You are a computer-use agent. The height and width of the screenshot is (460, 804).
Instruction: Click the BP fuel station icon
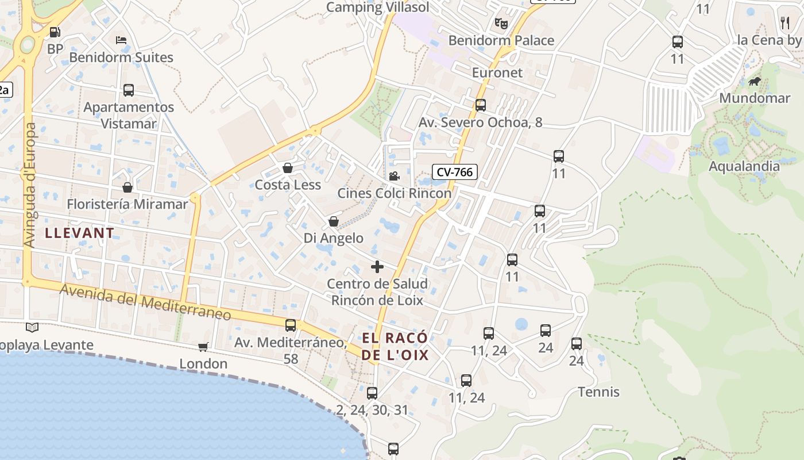tap(55, 32)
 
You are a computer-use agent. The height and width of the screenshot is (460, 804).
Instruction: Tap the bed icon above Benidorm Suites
tap(121, 40)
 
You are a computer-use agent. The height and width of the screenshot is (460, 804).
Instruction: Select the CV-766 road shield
tap(454, 171)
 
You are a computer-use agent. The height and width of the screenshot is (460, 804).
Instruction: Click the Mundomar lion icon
tap(755, 82)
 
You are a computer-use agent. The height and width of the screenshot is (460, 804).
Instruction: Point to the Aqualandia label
tap(744, 166)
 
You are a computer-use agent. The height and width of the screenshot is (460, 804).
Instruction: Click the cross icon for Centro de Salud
tap(377, 267)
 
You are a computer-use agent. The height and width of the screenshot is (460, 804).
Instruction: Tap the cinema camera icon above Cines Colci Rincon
tap(394, 177)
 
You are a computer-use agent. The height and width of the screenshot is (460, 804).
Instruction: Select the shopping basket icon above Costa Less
tap(288, 168)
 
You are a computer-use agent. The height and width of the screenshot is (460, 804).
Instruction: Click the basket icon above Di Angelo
tap(334, 221)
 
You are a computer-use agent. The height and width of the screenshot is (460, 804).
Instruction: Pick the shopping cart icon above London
tap(203, 347)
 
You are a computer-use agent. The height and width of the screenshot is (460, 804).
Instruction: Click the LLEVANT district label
tap(80, 233)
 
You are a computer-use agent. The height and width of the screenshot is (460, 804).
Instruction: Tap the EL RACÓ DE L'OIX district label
tap(395, 346)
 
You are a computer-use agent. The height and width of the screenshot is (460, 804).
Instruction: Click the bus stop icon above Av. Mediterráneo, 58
tap(291, 325)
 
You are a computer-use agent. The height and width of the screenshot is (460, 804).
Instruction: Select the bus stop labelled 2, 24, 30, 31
tap(372, 393)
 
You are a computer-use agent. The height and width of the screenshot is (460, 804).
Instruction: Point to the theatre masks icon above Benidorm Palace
tap(501, 24)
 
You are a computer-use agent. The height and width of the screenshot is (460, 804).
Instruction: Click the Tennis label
tap(598, 392)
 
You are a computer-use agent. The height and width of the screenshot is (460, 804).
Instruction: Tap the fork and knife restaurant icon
tap(785, 23)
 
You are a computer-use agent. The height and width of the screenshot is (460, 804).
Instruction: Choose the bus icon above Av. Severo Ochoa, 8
tap(481, 105)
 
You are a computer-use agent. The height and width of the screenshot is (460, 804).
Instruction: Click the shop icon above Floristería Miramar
tap(127, 187)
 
